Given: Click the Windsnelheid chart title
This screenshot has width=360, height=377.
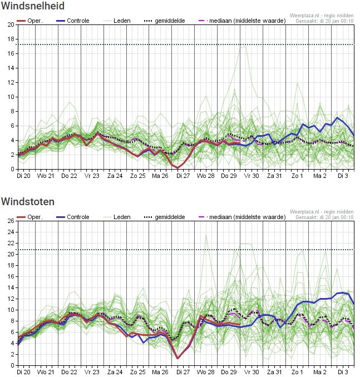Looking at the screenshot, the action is coord(33,6).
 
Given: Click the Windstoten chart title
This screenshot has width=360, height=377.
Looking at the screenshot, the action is coord(28,201).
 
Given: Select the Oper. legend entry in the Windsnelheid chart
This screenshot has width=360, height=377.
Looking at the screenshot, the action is coord(29,21).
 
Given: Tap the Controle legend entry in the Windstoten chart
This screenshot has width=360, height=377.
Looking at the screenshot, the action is coord(73,217).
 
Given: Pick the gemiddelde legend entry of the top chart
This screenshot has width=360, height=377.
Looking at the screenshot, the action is coord(165,21).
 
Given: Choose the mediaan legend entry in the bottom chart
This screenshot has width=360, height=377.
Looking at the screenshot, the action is coord(242,217).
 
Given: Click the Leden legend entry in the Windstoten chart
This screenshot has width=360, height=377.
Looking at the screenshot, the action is coord(117,217).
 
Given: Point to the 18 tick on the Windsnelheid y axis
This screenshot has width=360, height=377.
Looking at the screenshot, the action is coord(11,39).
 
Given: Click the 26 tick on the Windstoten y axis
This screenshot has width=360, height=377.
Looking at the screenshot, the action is coord(11,221).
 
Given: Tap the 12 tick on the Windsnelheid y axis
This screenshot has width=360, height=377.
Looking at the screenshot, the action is coord(11,82).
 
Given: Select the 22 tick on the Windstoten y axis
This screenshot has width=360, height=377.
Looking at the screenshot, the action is coord(11,243).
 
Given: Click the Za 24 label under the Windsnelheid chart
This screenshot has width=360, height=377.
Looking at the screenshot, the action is coord(115,176).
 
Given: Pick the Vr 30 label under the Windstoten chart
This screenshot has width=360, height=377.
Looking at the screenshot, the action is coord(251,372).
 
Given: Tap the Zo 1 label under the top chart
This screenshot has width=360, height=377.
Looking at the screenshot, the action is coord(297,176).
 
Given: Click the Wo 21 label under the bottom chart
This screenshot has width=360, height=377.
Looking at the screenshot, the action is coord(46,372).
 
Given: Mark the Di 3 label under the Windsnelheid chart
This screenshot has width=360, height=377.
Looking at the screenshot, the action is coord(343,176).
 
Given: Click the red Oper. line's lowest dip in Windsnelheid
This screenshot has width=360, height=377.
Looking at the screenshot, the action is coord(177,168).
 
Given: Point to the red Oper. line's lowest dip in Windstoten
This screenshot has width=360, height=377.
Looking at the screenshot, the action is coord(177,358).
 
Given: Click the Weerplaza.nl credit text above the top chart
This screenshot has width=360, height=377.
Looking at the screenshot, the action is coord(322,16).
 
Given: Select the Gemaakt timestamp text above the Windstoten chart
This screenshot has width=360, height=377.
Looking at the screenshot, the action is coord(324,217).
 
